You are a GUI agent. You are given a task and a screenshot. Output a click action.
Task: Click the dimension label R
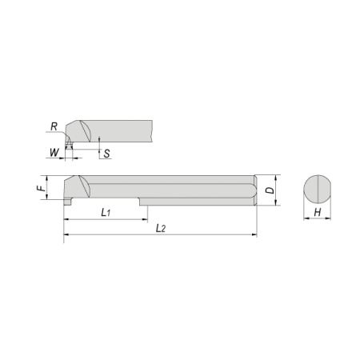[54, 126]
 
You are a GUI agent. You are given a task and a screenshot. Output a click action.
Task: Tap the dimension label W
[54, 153]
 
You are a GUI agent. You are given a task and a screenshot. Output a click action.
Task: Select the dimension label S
[106, 154]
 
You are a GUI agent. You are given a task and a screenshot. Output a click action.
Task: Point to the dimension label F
[41, 188]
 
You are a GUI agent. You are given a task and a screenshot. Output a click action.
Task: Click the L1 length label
[106, 213]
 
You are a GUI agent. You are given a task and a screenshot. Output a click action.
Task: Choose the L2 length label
[161, 228]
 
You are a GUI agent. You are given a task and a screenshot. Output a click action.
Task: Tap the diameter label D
[270, 190]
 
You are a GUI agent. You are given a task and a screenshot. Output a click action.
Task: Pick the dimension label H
[318, 213]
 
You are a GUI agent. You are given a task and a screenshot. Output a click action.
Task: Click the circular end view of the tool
[318, 189]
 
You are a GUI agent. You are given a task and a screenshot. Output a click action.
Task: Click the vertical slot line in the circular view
[319, 189]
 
